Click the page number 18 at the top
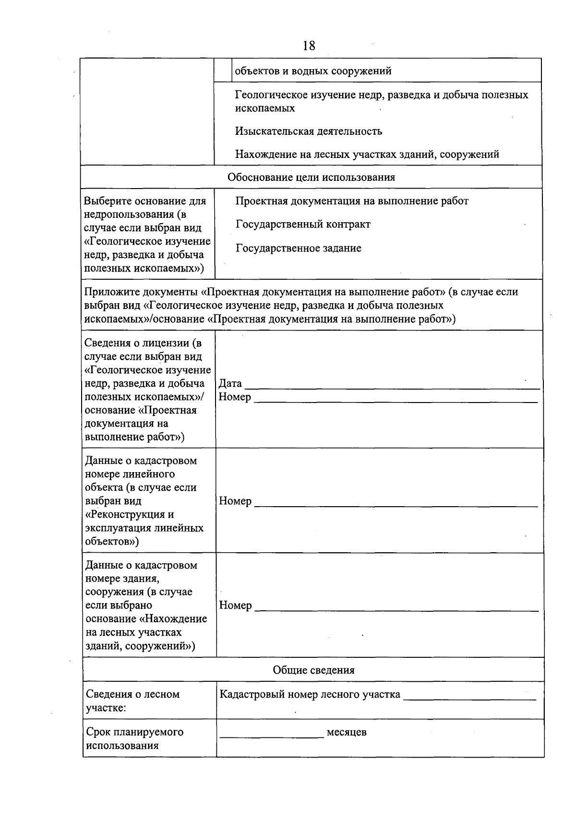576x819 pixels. tap(309, 46)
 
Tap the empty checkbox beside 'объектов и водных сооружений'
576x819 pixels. tap(223, 71)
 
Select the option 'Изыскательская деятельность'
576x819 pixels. tap(309, 131)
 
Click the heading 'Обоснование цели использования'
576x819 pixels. tap(311, 177)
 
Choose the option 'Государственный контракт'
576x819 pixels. tap(303, 224)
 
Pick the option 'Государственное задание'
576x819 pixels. tap(298, 248)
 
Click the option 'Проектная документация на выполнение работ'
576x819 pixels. tap(352, 201)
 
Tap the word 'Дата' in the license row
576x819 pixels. tap(230, 383)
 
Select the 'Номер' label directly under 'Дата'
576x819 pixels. tap(235, 397)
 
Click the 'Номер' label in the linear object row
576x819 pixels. tap(235, 501)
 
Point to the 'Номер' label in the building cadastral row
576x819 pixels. tap(235, 605)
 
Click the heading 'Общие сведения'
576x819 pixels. tap(313, 670)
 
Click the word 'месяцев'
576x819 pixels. tap(347, 732)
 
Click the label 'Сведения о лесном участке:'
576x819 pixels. tap(132, 701)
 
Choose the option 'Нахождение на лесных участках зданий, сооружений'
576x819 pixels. tap(367, 154)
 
